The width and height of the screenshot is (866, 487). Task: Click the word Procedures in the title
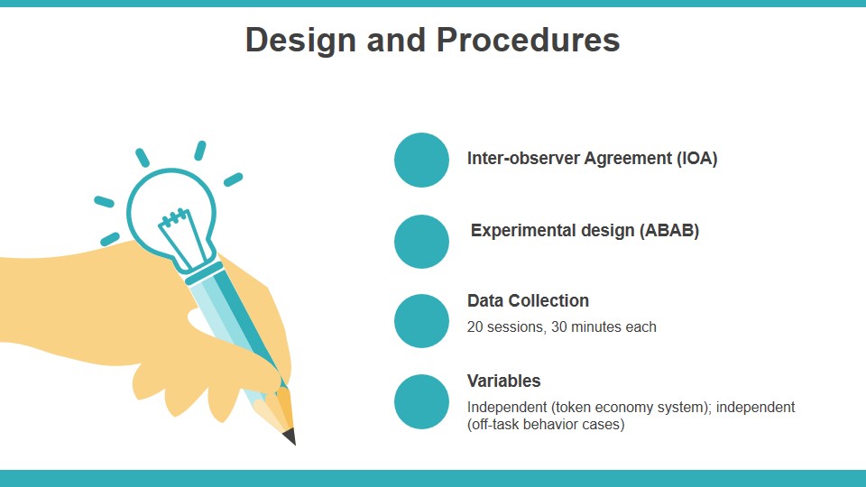528,41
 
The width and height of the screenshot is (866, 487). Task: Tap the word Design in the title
300,41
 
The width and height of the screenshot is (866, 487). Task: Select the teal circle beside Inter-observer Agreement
421,160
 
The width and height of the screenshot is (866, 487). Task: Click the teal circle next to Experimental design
421,242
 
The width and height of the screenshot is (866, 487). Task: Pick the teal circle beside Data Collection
421,321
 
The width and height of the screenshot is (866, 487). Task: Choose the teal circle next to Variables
421,401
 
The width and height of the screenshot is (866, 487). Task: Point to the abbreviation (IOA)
697,159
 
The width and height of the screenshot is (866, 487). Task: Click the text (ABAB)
669,230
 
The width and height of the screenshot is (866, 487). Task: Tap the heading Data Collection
528,300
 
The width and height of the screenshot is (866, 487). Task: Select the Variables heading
503,381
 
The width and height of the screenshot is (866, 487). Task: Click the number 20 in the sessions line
474,326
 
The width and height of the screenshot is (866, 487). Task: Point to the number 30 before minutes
559,326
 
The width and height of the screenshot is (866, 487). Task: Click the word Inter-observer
523,159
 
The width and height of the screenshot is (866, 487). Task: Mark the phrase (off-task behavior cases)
546,424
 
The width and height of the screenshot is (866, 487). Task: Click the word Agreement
628,159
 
